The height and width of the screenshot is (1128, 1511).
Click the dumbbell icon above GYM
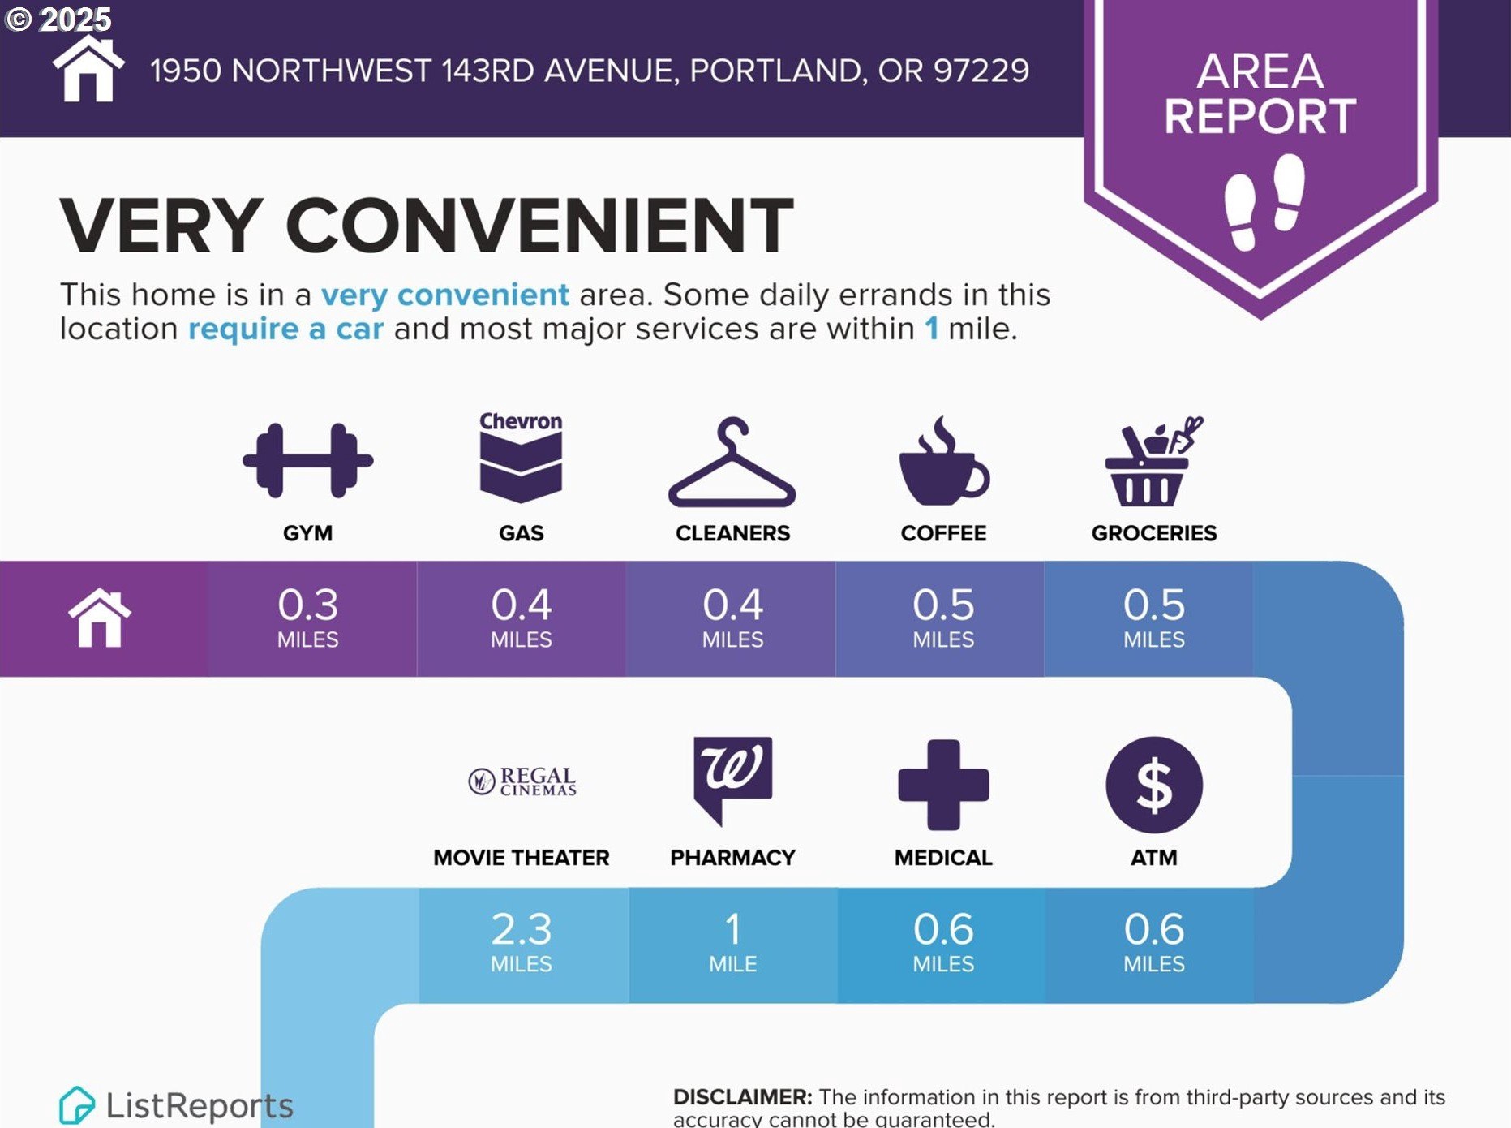[x=307, y=460]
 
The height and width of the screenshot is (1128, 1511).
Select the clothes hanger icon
[x=732, y=463]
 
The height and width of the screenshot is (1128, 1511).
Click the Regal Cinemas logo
[x=522, y=781]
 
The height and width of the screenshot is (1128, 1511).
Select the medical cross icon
[x=943, y=785]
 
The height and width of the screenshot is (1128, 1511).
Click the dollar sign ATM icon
[x=1154, y=785]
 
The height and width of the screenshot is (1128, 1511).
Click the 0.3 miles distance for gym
[x=308, y=618]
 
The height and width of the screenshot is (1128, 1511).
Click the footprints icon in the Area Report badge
[x=1264, y=202]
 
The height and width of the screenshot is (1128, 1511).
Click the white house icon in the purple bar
[x=100, y=618]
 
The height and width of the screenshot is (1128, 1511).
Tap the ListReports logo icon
[x=76, y=1105]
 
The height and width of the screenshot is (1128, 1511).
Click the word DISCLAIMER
[x=742, y=1097]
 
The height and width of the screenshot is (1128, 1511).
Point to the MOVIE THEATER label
[x=521, y=858]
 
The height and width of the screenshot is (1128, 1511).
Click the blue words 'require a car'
[x=285, y=329]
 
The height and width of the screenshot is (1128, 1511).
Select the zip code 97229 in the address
[x=981, y=71]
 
